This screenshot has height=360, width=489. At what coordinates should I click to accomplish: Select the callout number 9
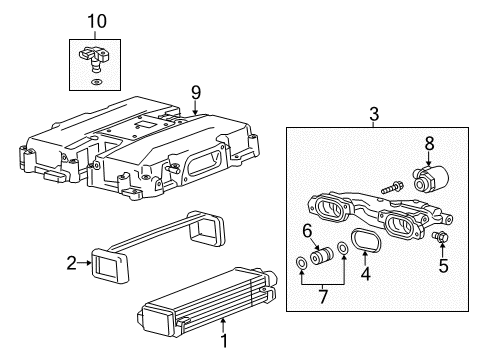click(x=195, y=91)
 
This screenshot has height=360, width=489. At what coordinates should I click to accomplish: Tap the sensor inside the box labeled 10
click(x=93, y=61)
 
